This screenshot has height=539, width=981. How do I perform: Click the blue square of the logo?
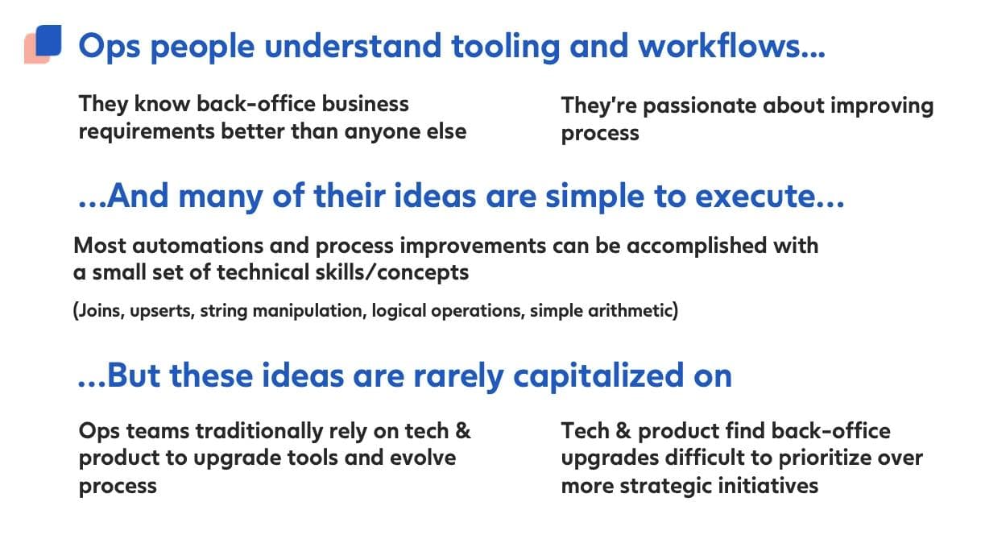point(48,40)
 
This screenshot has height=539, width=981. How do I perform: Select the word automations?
point(198,246)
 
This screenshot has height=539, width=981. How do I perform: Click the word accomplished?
point(697,247)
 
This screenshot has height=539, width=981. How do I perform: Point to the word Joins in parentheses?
point(99,311)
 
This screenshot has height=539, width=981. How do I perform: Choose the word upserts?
point(162,312)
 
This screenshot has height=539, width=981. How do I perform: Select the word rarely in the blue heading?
point(458,377)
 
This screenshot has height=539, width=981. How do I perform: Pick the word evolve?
point(423,458)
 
